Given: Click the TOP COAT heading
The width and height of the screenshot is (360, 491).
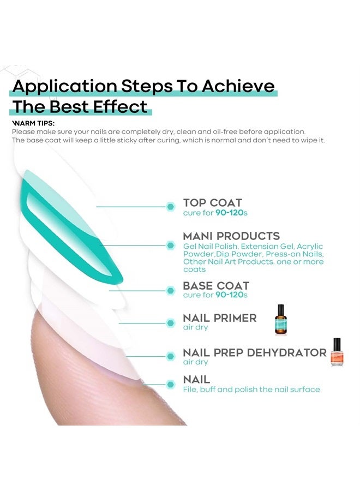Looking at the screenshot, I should point(213,203).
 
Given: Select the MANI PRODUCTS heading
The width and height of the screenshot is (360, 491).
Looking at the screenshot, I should point(231,236).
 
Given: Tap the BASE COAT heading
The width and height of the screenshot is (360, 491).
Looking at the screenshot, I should point(216,285).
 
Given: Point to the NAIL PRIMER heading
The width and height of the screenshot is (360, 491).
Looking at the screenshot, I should point(220,318).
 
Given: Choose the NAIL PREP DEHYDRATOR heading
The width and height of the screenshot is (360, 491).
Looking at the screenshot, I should point(255,352).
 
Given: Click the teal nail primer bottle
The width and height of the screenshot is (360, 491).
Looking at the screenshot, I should point(280,319).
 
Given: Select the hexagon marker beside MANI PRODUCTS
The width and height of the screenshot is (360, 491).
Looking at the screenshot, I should point(171,245).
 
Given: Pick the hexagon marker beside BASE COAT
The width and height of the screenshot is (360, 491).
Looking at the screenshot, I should point(171,290).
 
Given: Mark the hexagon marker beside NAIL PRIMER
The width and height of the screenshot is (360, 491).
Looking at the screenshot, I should point(171,322).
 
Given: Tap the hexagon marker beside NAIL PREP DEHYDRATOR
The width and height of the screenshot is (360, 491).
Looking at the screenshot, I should point(171,356).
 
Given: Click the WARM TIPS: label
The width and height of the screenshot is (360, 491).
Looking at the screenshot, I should point(33,123).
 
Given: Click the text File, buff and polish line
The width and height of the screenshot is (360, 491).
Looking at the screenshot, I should point(251,390).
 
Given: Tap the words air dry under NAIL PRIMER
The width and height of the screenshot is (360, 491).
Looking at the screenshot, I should point(195,327).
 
